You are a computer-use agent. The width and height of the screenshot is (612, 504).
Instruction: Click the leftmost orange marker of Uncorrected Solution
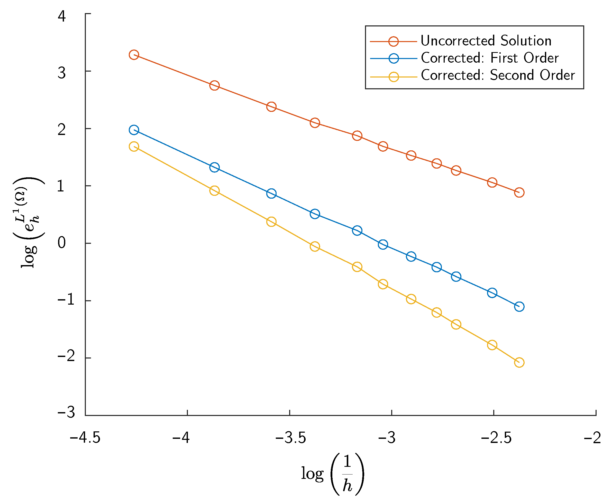(x=134, y=55)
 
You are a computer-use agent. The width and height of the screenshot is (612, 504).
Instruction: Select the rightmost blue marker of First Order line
(x=519, y=307)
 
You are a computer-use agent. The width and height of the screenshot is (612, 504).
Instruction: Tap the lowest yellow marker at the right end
(x=519, y=363)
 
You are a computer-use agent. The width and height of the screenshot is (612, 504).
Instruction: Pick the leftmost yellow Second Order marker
(x=134, y=146)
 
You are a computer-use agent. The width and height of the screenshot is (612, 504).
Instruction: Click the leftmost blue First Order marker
(x=134, y=130)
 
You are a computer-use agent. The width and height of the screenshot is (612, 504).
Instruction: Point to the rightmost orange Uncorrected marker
(x=519, y=192)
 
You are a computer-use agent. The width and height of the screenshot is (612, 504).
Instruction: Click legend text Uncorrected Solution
(x=486, y=41)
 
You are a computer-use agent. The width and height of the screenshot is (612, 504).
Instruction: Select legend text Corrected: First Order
(x=490, y=58)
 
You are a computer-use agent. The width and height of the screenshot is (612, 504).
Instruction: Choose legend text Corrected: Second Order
(x=498, y=75)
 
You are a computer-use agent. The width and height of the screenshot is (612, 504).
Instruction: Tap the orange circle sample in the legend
(x=393, y=42)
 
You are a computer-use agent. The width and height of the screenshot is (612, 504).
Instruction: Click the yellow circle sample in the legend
(x=393, y=77)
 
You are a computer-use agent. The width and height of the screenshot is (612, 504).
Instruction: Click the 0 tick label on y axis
(x=62, y=243)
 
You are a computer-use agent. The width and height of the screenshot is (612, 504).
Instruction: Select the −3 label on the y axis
(x=66, y=412)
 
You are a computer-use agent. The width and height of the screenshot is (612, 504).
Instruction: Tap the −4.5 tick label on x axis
(x=85, y=438)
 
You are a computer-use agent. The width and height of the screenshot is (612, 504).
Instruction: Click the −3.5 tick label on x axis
(x=290, y=438)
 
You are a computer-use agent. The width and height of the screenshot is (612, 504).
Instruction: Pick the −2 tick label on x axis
(x=592, y=438)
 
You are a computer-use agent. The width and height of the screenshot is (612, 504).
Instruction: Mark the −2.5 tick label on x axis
(x=496, y=438)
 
